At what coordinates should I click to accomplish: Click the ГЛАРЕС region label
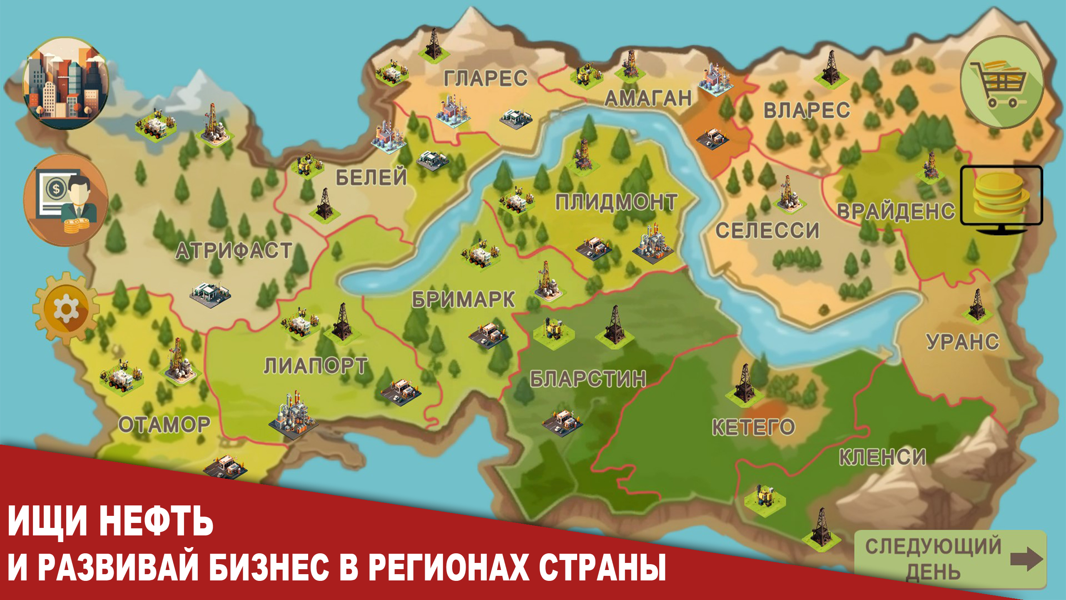pos(486,78)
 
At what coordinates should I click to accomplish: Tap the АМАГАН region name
pos(648,98)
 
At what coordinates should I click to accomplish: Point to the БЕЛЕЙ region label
pos(371,177)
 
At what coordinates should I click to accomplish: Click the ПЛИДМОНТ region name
pos(616,202)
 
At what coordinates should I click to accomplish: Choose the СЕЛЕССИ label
pos(767,230)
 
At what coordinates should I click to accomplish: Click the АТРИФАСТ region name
pos(234,251)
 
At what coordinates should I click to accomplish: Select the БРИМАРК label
pos(463,300)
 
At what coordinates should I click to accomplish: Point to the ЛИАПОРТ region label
pos(316,366)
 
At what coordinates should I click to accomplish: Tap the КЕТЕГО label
pos(753,427)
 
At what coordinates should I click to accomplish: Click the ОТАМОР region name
pos(164,425)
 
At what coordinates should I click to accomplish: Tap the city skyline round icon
pos(66,83)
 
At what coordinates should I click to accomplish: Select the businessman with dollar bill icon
pos(66,200)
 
